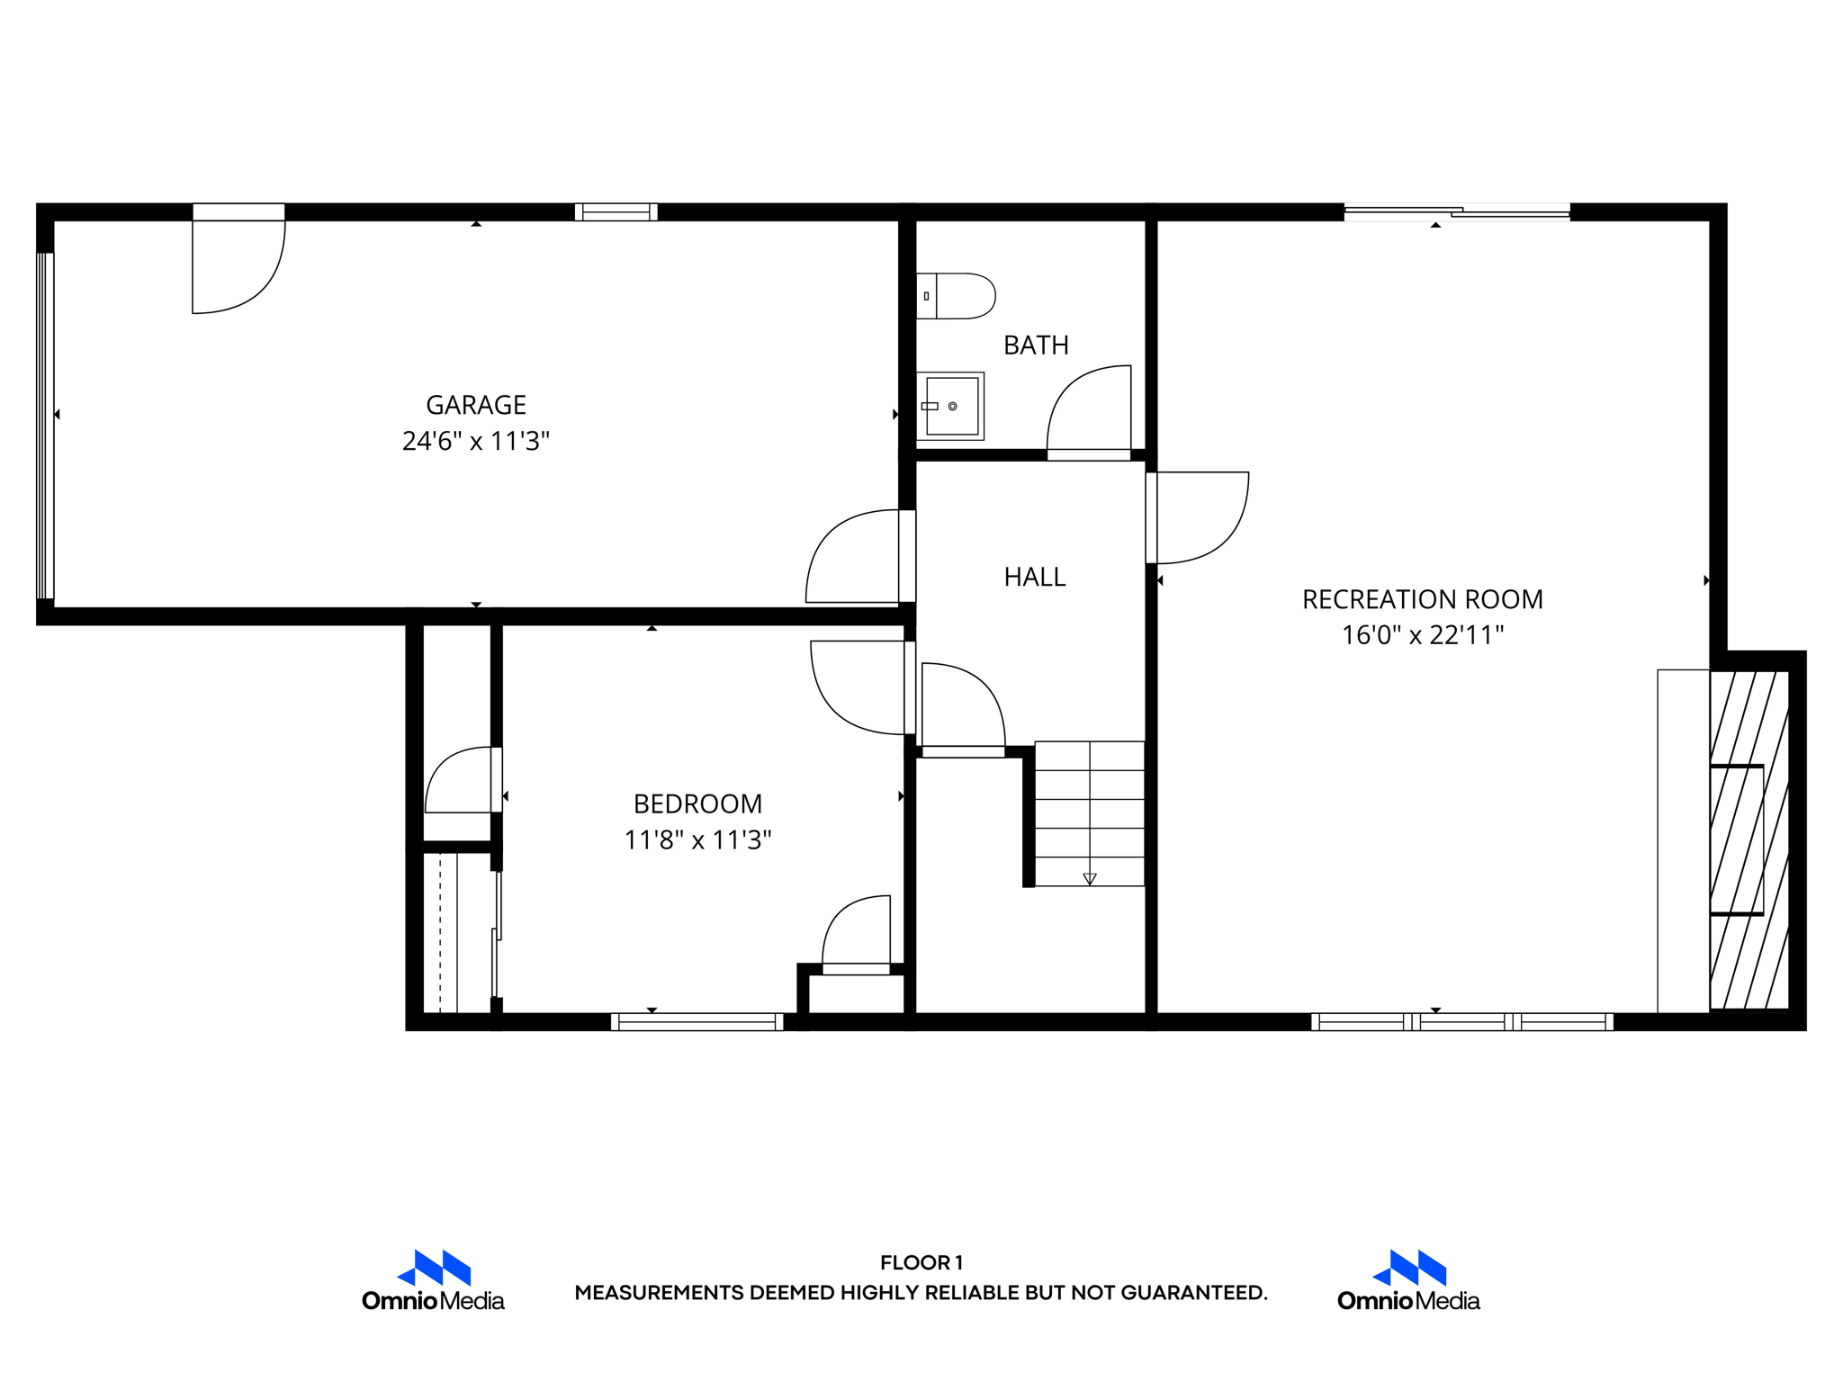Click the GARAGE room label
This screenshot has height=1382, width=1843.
coord(475,405)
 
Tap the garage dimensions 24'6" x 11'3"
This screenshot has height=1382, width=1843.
coord(475,441)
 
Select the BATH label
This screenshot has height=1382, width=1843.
coord(1036,345)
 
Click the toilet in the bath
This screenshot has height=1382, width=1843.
coord(957,296)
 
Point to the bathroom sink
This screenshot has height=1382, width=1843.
coord(951,406)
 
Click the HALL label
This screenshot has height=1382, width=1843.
coord(1035,577)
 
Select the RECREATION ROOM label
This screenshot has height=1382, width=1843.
coord(1422,599)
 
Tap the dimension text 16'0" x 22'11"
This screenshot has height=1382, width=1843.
coord(1422,635)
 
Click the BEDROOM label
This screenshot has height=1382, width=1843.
coord(697,803)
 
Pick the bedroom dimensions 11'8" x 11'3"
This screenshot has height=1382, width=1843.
coord(697,839)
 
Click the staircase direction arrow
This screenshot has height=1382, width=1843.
coord(1090,878)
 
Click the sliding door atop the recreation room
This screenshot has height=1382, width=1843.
coord(1457,212)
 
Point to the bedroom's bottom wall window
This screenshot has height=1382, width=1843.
coord(697,1021)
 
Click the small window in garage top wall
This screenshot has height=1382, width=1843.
coord(616,212)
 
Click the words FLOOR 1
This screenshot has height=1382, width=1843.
coord(921,1262)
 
